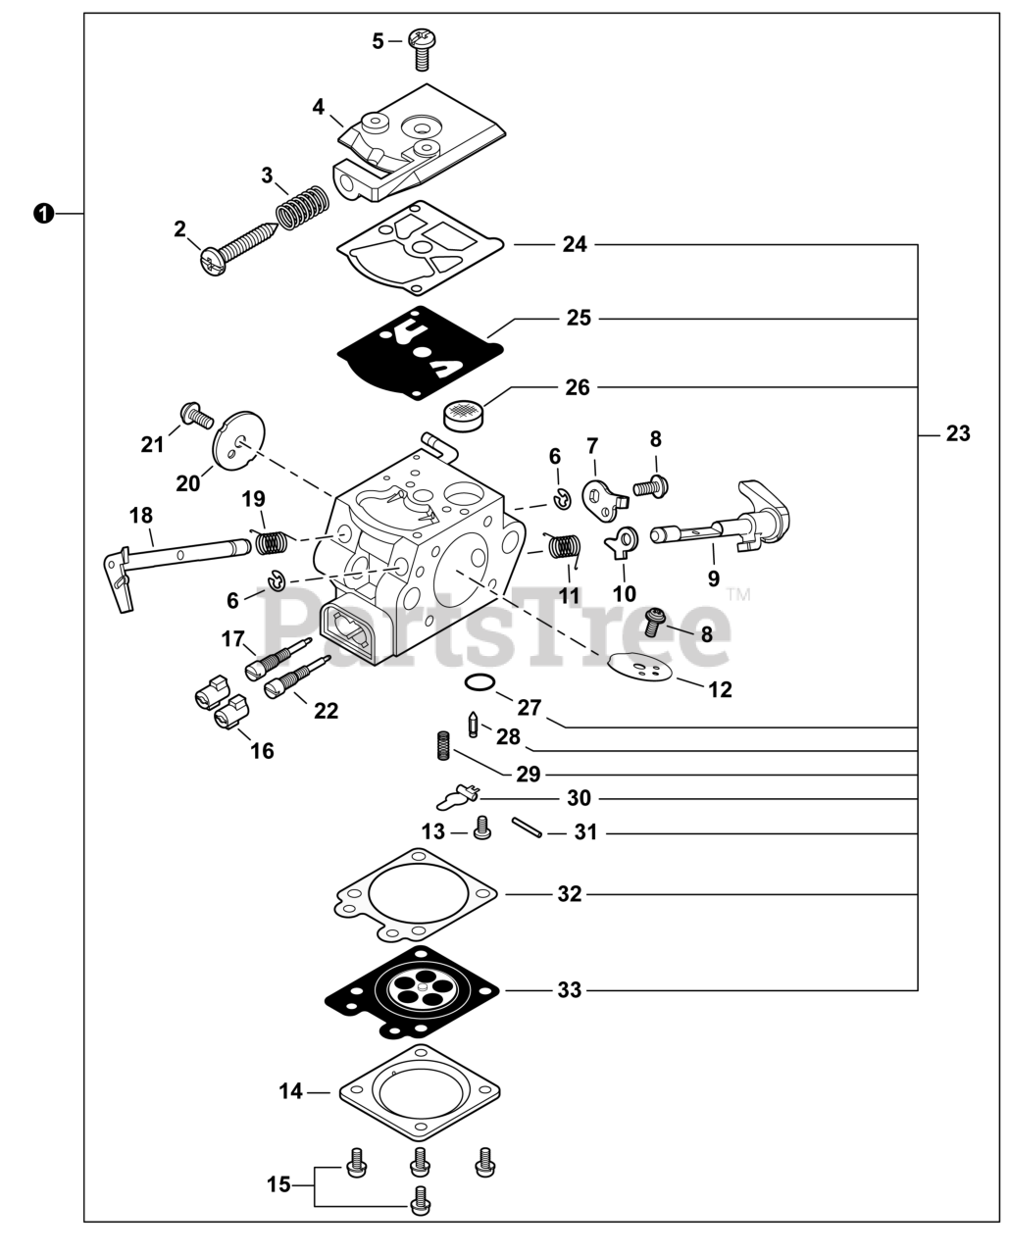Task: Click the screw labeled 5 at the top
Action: pos(423,48)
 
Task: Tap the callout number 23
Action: pos(958,432)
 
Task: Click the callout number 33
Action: pos(570,990)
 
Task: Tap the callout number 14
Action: pos(291,1090)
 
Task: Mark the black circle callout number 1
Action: pos(43,213)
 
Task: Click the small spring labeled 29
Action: pos(442,745)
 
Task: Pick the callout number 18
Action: pos(141,515)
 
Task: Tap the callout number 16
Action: pos(262,751)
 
